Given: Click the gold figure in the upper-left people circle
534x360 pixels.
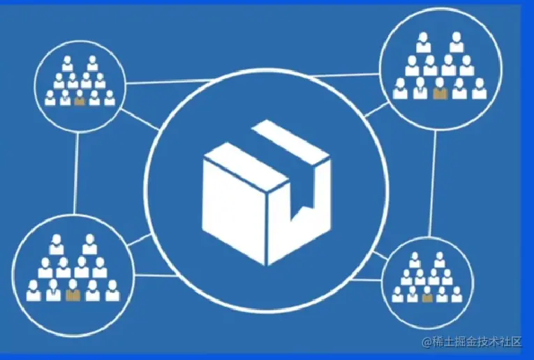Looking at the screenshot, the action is click(79, 98).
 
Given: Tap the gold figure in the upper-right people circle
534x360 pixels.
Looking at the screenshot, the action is click(439, 91).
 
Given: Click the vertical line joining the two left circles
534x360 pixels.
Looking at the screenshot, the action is click(76, 170).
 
